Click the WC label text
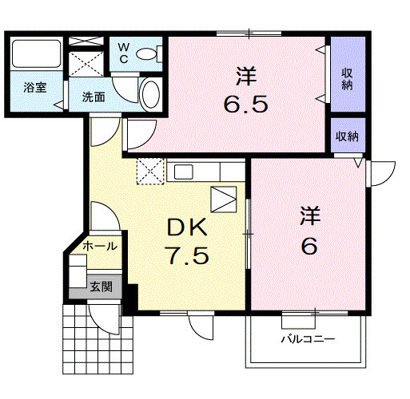pyautogui.click(x=124, y=53)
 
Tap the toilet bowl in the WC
pyautogui.click(x=146, y=53)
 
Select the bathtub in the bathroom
pyautogui.click(x=36, y=53)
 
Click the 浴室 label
pyautogui.click(x=35, y=88)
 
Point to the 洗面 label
pyautogui.click(x=94, y=97)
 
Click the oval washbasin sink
pyautogui.click(x=151, y=94)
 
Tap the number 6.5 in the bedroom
pyautogui.click(x=245, y=105)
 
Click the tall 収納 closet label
pyautogui.click(x=347, y=79)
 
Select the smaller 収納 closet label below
pyautogui.click(x=347, y=136)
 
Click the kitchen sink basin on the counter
pyautogui.click(x=184, y=172)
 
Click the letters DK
pyautogui.click(x=187, y=227)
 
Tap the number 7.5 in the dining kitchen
pyautogui.click(x=187, y=255)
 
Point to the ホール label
pyautogui.click(x=100, y=247)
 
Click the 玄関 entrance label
pyautogui.click(x=102, y=286)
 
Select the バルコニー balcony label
pyautogui.click(x=308, y=339)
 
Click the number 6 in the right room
pyautogui.click(x=309, y=246)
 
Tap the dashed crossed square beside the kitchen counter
pyautogui.click(x=150, y=171)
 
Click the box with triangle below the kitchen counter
pyautogui.click(x=224, y=199)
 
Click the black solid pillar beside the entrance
pyautogui.click(x=131, y=298)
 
